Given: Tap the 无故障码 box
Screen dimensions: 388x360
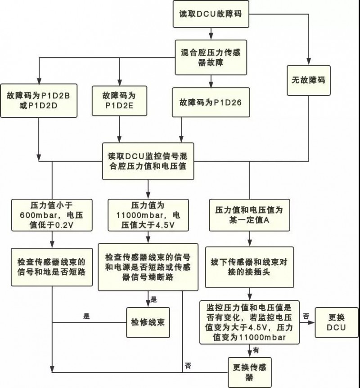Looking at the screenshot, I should (x=308, y=80).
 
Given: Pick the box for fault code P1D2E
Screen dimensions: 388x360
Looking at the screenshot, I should (x=119, y=101).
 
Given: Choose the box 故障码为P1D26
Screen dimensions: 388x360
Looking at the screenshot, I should (x=210, y=102).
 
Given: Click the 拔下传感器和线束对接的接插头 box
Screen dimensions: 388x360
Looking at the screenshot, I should (x=249, y=267).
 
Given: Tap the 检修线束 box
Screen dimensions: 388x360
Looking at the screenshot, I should (x=148, y=322).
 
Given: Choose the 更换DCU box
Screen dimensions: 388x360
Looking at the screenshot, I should (x=336, y=322).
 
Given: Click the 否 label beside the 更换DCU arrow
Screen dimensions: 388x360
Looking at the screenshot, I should (x=306, y=317).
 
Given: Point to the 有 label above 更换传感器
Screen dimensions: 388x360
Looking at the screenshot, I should (x=256, y=350).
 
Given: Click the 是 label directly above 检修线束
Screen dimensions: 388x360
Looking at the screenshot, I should (x=153, y=299).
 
